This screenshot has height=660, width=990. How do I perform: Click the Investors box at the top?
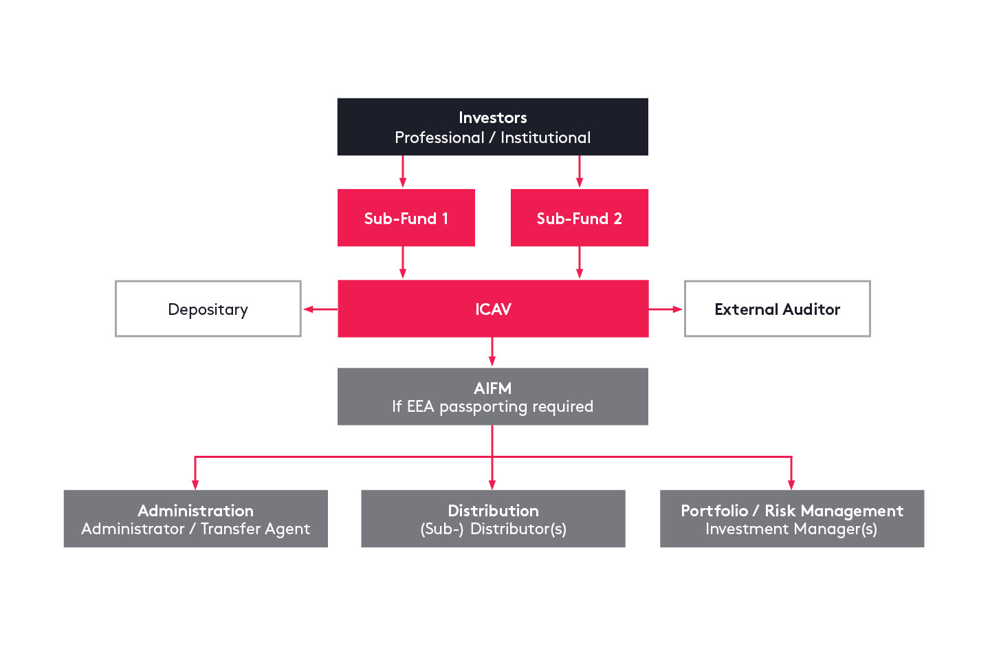click(492, 126)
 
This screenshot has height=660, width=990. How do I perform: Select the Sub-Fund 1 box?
click(406, 218)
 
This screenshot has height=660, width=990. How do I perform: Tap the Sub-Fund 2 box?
click(579, 218)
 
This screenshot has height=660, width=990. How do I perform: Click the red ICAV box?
click(492, 309)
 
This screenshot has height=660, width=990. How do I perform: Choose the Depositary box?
click(208, 309)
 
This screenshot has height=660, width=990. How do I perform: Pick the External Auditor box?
click(777, 309)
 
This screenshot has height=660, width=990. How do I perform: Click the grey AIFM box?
click(492, 397)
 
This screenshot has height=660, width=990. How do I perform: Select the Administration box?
click(195, 519)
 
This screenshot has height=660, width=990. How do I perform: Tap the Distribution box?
click(492, 519)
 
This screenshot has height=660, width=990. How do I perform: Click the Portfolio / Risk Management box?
click(791, 519)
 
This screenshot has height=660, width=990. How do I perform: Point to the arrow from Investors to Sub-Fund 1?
click(403, 172)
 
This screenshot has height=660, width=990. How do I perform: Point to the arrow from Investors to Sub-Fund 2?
click(579, 172)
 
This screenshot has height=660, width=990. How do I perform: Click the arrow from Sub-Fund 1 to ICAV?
click(403, 263)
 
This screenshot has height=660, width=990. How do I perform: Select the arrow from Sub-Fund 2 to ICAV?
click(579, 263)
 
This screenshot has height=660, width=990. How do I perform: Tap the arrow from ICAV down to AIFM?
click(492, 352)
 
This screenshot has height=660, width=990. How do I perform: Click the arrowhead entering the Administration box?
click(195, 484)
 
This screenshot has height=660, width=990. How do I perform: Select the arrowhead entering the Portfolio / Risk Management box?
click(791, 484)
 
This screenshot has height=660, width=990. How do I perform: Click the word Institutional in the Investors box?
click(545, 137)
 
